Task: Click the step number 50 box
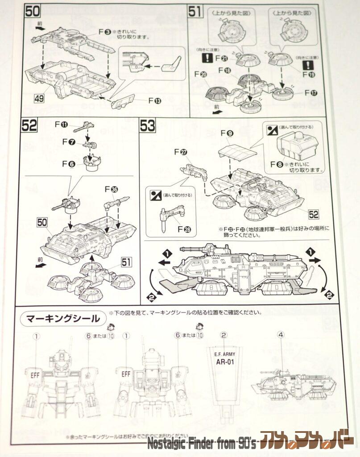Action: click(x=33, y=12)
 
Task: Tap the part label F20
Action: click(x=200, y=75)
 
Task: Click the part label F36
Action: click(x=111, y=189)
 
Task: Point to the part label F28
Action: click(x=184, y=229)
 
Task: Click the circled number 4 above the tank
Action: click(x=281, y=334)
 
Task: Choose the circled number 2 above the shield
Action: click(x=224, y=334)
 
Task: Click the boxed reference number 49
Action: click(x=39, y=98)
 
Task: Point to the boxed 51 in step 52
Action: click(x=126, y=262)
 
